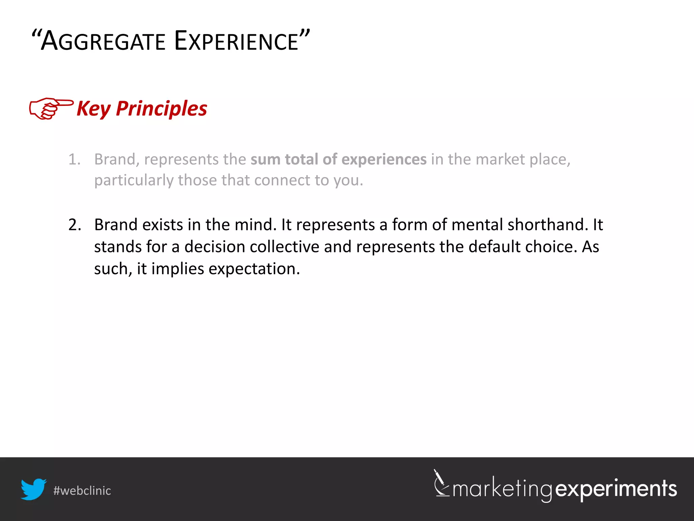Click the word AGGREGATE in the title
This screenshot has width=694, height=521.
point(103,41)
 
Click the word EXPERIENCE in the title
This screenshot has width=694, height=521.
point(236,41)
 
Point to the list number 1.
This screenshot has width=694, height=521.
point(74,159)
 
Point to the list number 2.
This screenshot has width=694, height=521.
point(75,225)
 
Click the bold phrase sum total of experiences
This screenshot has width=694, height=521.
point(338,159)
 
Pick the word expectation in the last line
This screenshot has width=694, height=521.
point(254,269)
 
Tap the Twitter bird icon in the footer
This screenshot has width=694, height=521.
point(33,489)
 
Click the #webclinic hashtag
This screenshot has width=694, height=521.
point(82,491)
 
